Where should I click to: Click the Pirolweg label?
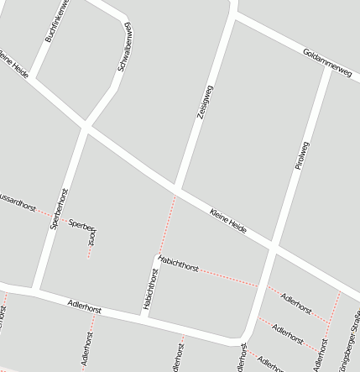[302, 150]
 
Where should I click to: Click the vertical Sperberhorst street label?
[58, 209]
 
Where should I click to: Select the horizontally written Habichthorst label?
[178, 264]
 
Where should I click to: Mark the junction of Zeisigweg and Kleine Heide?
[176, 189]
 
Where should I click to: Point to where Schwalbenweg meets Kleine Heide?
[85, 128]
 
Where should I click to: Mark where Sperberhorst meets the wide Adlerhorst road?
[38, 290]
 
